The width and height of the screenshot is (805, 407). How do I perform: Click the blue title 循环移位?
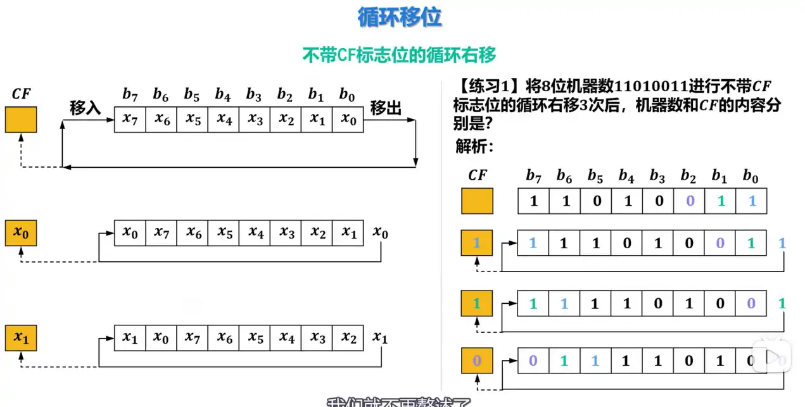tap(400, 18)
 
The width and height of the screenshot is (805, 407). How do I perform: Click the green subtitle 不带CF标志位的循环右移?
tap(399, 55)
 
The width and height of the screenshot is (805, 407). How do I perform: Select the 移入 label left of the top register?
tap(86, 108)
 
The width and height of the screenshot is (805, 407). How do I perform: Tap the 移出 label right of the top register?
tap(386, 108)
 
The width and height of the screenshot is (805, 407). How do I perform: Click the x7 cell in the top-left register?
tap(130, 119)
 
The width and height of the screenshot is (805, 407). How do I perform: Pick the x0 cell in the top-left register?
tap(348, 119)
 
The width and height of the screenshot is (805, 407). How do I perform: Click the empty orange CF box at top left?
tap(21, 119)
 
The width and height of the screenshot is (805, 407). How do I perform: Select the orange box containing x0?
tap(21, 234)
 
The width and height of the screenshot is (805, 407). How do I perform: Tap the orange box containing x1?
tap(21, 338)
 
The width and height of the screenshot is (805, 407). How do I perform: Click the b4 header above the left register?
tap(222, 95)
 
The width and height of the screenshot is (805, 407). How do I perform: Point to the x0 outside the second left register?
tap(380, 233)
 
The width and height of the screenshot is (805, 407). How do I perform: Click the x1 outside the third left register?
tap(379, 337)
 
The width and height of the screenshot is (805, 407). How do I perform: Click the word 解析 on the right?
tap(474, 146)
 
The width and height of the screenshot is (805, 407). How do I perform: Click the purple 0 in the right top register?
tap(689, 201)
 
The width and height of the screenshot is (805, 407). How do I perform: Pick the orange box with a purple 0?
tap(477, 361)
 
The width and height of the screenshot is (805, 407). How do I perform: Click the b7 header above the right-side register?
tap(533, 175)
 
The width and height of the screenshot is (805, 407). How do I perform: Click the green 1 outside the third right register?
tap(782, 303)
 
